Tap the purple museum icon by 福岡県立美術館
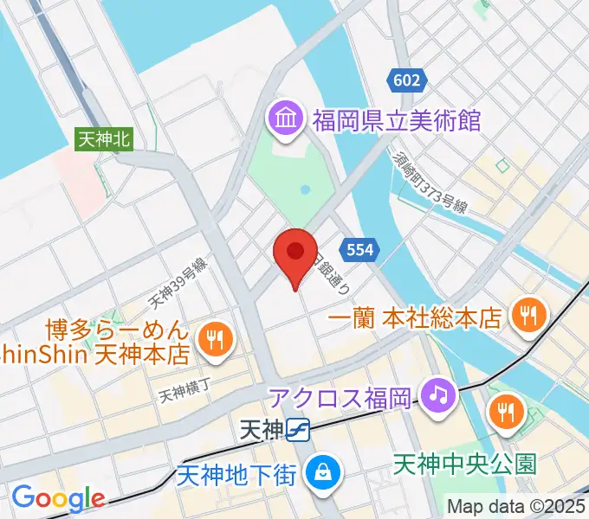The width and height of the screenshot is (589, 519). pos(284,119)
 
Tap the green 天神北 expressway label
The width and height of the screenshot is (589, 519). pos(104,138)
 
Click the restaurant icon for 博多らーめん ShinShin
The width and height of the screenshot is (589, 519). pos(215,340)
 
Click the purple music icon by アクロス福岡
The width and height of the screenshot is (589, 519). pos(438,396)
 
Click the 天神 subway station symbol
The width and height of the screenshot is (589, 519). pos(300,427)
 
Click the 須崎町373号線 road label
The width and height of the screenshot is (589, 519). pos(430,183)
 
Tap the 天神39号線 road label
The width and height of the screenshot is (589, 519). pos(177,285)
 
